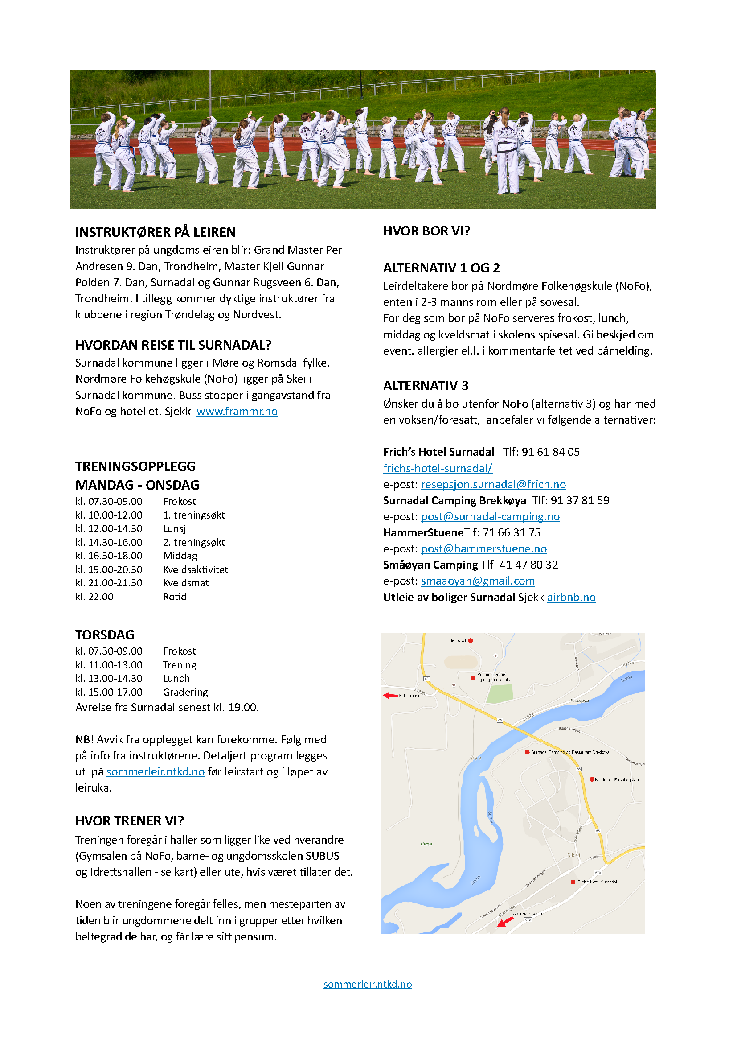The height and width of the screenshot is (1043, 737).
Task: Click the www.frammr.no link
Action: tap(237, 412)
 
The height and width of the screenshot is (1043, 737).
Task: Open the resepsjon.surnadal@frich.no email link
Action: tap(493, 485)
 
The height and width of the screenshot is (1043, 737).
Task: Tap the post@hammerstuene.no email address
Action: tap(484, 549)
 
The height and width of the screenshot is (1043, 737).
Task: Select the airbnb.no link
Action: tap(571, 598)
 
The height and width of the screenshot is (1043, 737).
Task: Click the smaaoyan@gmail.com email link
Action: tap(478, 581)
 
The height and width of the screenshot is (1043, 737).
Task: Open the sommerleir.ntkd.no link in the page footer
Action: tap(368, 984)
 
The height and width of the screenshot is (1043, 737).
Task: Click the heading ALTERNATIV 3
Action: tap(426, 386)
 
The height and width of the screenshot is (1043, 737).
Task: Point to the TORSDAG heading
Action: tap(105, 635)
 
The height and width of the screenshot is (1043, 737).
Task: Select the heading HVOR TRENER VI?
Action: tap(129, 821)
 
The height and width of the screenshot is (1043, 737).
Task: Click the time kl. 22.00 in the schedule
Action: tap(94, 597)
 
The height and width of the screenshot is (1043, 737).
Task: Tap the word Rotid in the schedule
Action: tap(175, 597)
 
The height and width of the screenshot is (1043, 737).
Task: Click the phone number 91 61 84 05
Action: tap(550, 452)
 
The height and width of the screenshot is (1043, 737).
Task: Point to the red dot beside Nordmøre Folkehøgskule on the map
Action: tap(592, 779)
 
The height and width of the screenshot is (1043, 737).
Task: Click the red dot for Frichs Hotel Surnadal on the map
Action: tap(573, 882)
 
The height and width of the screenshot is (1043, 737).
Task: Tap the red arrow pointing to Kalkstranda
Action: tap(390, 696)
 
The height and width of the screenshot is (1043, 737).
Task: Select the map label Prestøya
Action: tap(580, 701)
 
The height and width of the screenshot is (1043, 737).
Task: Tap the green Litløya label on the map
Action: tap(426, 844)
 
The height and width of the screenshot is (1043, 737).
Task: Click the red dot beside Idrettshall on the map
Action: tap(471, 640)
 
